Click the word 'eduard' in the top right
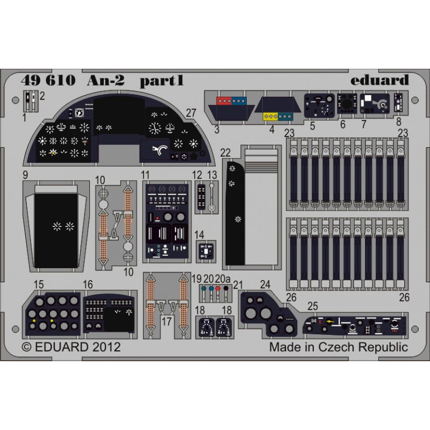click(x=379, y=80)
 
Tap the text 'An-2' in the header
click(x=106, y=80)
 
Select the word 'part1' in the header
click(x=162, y=81)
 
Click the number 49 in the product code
click(x=30, y=81)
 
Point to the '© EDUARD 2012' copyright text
click(x=71, y=347)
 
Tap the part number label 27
click(x=191, y=113)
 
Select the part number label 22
click(x=225, y=153)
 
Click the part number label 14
click(x=199, y=235)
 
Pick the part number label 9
click(x=25, y=175)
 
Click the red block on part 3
click(x=224, y=101)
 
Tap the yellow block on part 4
click(x=270, y=117)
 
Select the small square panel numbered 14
click(x=206, y=251)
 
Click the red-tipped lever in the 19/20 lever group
click(x=218, y=293)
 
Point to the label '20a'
click(x=223, y=278)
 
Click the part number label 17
click(x=167, y=321)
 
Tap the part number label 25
click(x=313, y=306)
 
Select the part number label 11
click(x=145, y=175)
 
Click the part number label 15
click(x=38, y=284)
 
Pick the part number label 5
click(x=313, y=126)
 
